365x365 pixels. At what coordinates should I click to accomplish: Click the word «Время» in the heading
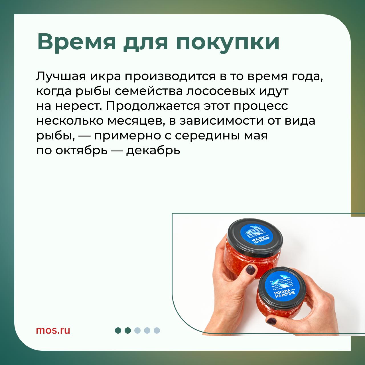click(x=76, y=42)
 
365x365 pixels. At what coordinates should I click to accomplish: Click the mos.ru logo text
click(x=53, y=330)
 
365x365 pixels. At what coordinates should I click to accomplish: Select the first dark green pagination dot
click(x=118, y=330)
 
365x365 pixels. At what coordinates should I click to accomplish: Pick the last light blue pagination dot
click(x=157, y=330)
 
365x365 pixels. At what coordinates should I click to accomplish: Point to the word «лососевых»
click(x=218, y=91)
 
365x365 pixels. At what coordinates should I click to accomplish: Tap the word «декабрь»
click(x=153, y=151)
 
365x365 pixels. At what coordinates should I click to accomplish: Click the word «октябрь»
click(x=82, y=151)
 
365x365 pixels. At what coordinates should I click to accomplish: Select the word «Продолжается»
click(x=153, y=107)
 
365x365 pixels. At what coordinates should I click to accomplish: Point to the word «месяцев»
click(x=136, y=121)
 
